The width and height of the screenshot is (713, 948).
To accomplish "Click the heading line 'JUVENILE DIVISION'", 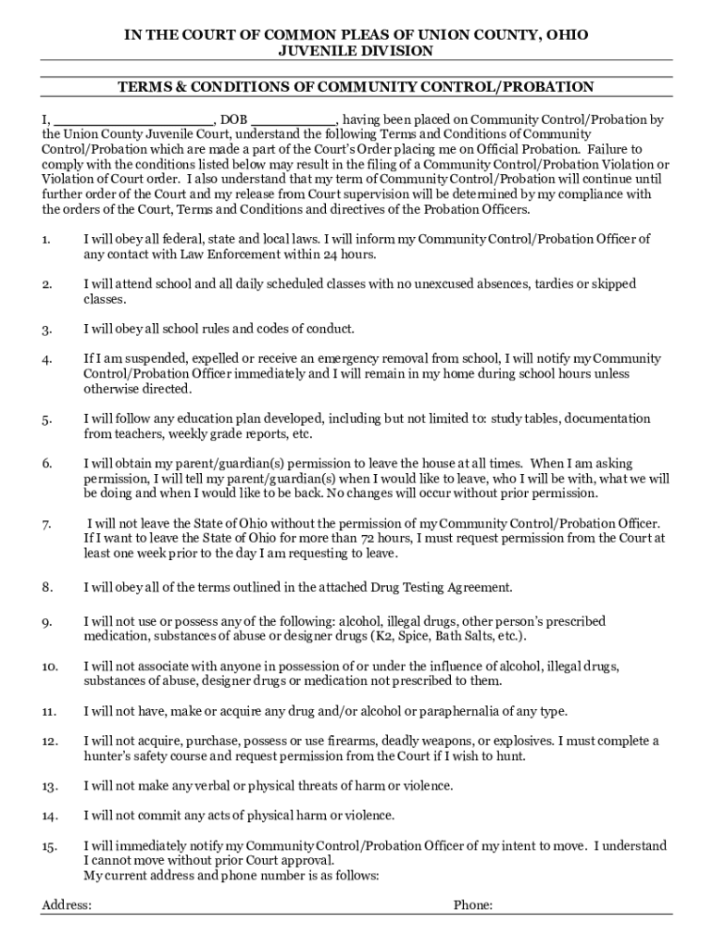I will pyautogui.click(x=356, y=51).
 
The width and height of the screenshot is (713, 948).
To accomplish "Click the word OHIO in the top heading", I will pyautogui.click(x=564, y=35).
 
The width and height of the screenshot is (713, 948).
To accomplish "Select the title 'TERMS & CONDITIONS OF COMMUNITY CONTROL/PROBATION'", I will pyautogui.click(x=356, y=87).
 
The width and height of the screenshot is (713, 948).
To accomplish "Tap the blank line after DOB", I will pyautogui.click(x=294, y=120).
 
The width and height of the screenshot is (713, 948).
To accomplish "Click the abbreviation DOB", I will pyautogui.click(x=233, y=119).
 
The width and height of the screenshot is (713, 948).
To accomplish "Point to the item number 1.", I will pyautogui.click(x=45, y=240).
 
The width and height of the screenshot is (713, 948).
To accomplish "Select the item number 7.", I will pyautogui.click(x=45, y=525).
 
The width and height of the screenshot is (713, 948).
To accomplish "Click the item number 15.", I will pyautogui.click(x=50, y=846).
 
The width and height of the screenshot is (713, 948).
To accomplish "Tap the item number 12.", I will pyautogui.click(x=50, y=742).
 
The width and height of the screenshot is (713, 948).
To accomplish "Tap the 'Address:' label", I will pyautogui.click(x=67, y=905).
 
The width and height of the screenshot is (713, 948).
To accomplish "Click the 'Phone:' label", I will pyautogui.click(x=472, y=905).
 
